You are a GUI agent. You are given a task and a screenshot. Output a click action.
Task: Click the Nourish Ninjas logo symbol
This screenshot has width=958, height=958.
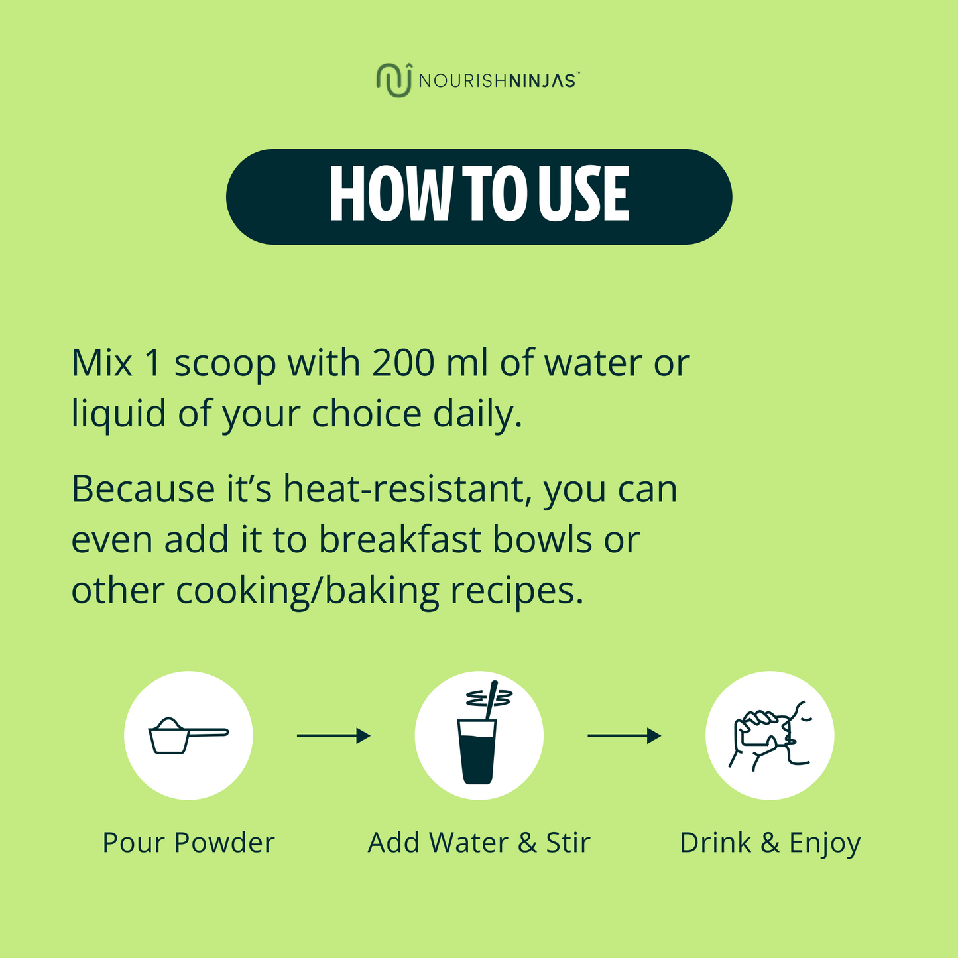tap(394, 80)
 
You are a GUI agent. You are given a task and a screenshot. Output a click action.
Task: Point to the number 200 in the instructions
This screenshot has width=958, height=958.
tap(403, 363)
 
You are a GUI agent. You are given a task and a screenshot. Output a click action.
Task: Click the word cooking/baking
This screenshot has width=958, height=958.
tap(308, 591)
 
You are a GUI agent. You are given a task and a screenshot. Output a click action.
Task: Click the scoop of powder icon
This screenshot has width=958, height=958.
tap(188, 737)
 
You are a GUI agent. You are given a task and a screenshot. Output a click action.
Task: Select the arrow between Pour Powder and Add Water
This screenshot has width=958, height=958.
tap(333, 736)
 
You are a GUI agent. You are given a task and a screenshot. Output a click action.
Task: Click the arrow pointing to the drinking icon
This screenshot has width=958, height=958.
tap(625, 736)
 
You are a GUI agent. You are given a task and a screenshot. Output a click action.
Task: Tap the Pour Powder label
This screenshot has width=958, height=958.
tap(188, 843)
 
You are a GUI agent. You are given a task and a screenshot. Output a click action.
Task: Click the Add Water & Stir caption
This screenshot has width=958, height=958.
tap(479, 843)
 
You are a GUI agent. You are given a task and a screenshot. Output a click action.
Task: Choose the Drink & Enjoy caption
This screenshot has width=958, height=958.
tap(770, 844)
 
